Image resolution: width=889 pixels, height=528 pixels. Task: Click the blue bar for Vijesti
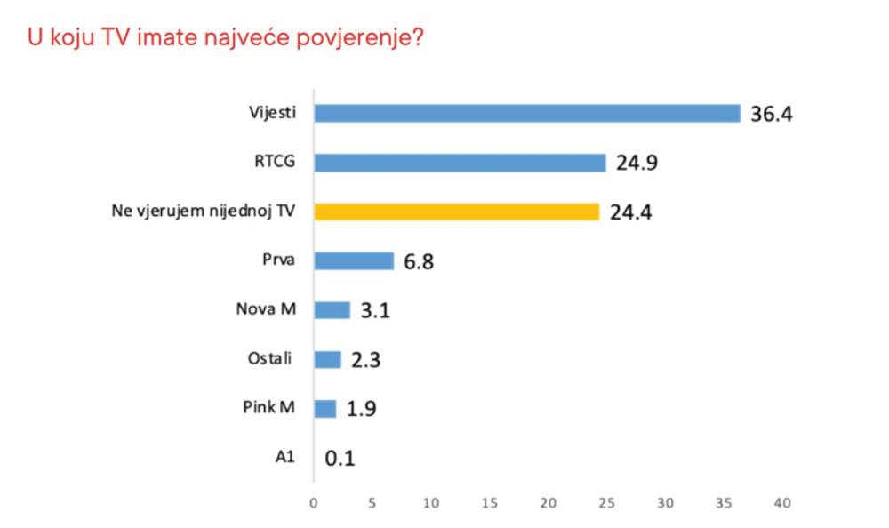tap(527, 114)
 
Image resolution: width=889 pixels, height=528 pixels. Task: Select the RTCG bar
tap(460, 163)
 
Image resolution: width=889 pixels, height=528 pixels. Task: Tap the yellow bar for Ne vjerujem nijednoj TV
tap(457, 212)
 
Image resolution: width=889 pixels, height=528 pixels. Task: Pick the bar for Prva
tap(354, 260)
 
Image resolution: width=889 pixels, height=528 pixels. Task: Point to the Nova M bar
tap(332, 310)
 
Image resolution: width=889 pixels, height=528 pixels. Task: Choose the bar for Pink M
tap(325, 408)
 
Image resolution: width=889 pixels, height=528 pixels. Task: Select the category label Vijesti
tap(272, 114)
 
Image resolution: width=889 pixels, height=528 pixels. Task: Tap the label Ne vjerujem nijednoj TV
tap(213, 212)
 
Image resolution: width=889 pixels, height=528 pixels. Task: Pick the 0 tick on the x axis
tap(314, 503)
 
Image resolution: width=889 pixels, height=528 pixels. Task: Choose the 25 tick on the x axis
tap(606, 503)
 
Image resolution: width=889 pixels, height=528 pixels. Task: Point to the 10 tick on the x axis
tap(431, 503)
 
